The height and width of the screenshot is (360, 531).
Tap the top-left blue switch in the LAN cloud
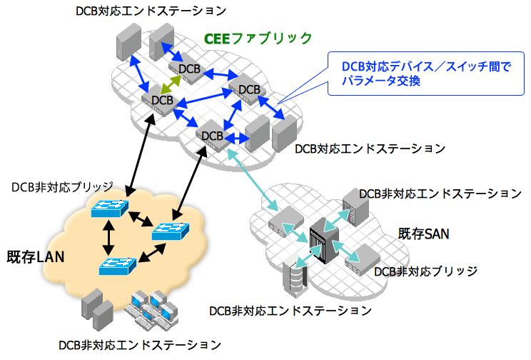coord(109,209)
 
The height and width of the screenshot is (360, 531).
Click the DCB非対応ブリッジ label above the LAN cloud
coord(62,186)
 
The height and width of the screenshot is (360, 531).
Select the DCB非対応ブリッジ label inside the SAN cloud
coord(425,271)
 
